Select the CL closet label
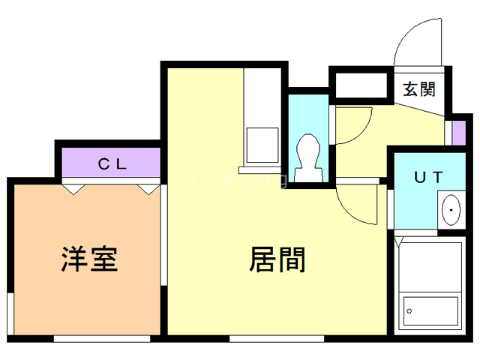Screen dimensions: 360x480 coord(112,163)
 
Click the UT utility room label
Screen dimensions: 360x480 coord(429,177)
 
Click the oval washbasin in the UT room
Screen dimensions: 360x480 coord(450,210)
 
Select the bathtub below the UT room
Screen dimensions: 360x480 coord(429,285)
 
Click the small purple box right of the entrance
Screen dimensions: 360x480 coord(459,132)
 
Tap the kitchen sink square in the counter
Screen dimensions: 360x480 coord(262,142)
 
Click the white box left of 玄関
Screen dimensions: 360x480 coord(364,85)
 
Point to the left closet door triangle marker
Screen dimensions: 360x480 coord(72,190)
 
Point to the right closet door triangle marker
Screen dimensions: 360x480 coord(146,190)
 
